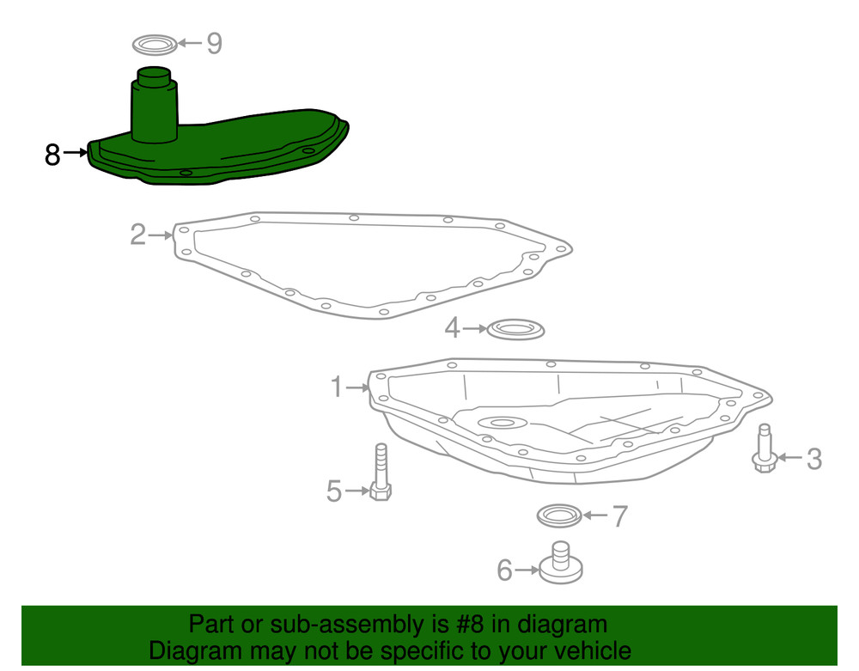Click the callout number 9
coord(214,43)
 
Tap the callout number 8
coord(52,155)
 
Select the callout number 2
coord(138,235)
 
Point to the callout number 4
coord(452,328)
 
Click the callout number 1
coord(337,387)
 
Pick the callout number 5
coord(333,491)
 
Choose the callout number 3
coord(814,459)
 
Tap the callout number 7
coord(619,516)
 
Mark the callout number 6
coord(504,570)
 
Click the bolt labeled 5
coord(381,472)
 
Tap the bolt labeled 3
coord(765,448)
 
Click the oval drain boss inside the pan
coord(503,423)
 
